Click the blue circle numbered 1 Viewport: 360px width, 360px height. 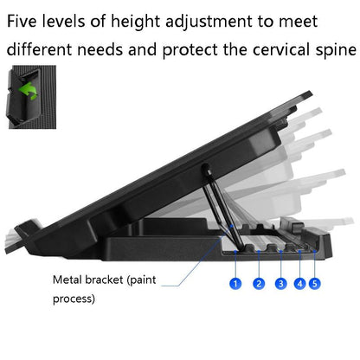tap(235, 283)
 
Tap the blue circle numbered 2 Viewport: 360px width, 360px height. tap(258, 283)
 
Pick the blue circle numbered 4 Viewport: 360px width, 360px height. tap(299, 283)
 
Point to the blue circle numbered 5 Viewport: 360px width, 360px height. tap(314, 283)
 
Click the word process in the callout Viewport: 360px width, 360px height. tap(74, 299)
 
